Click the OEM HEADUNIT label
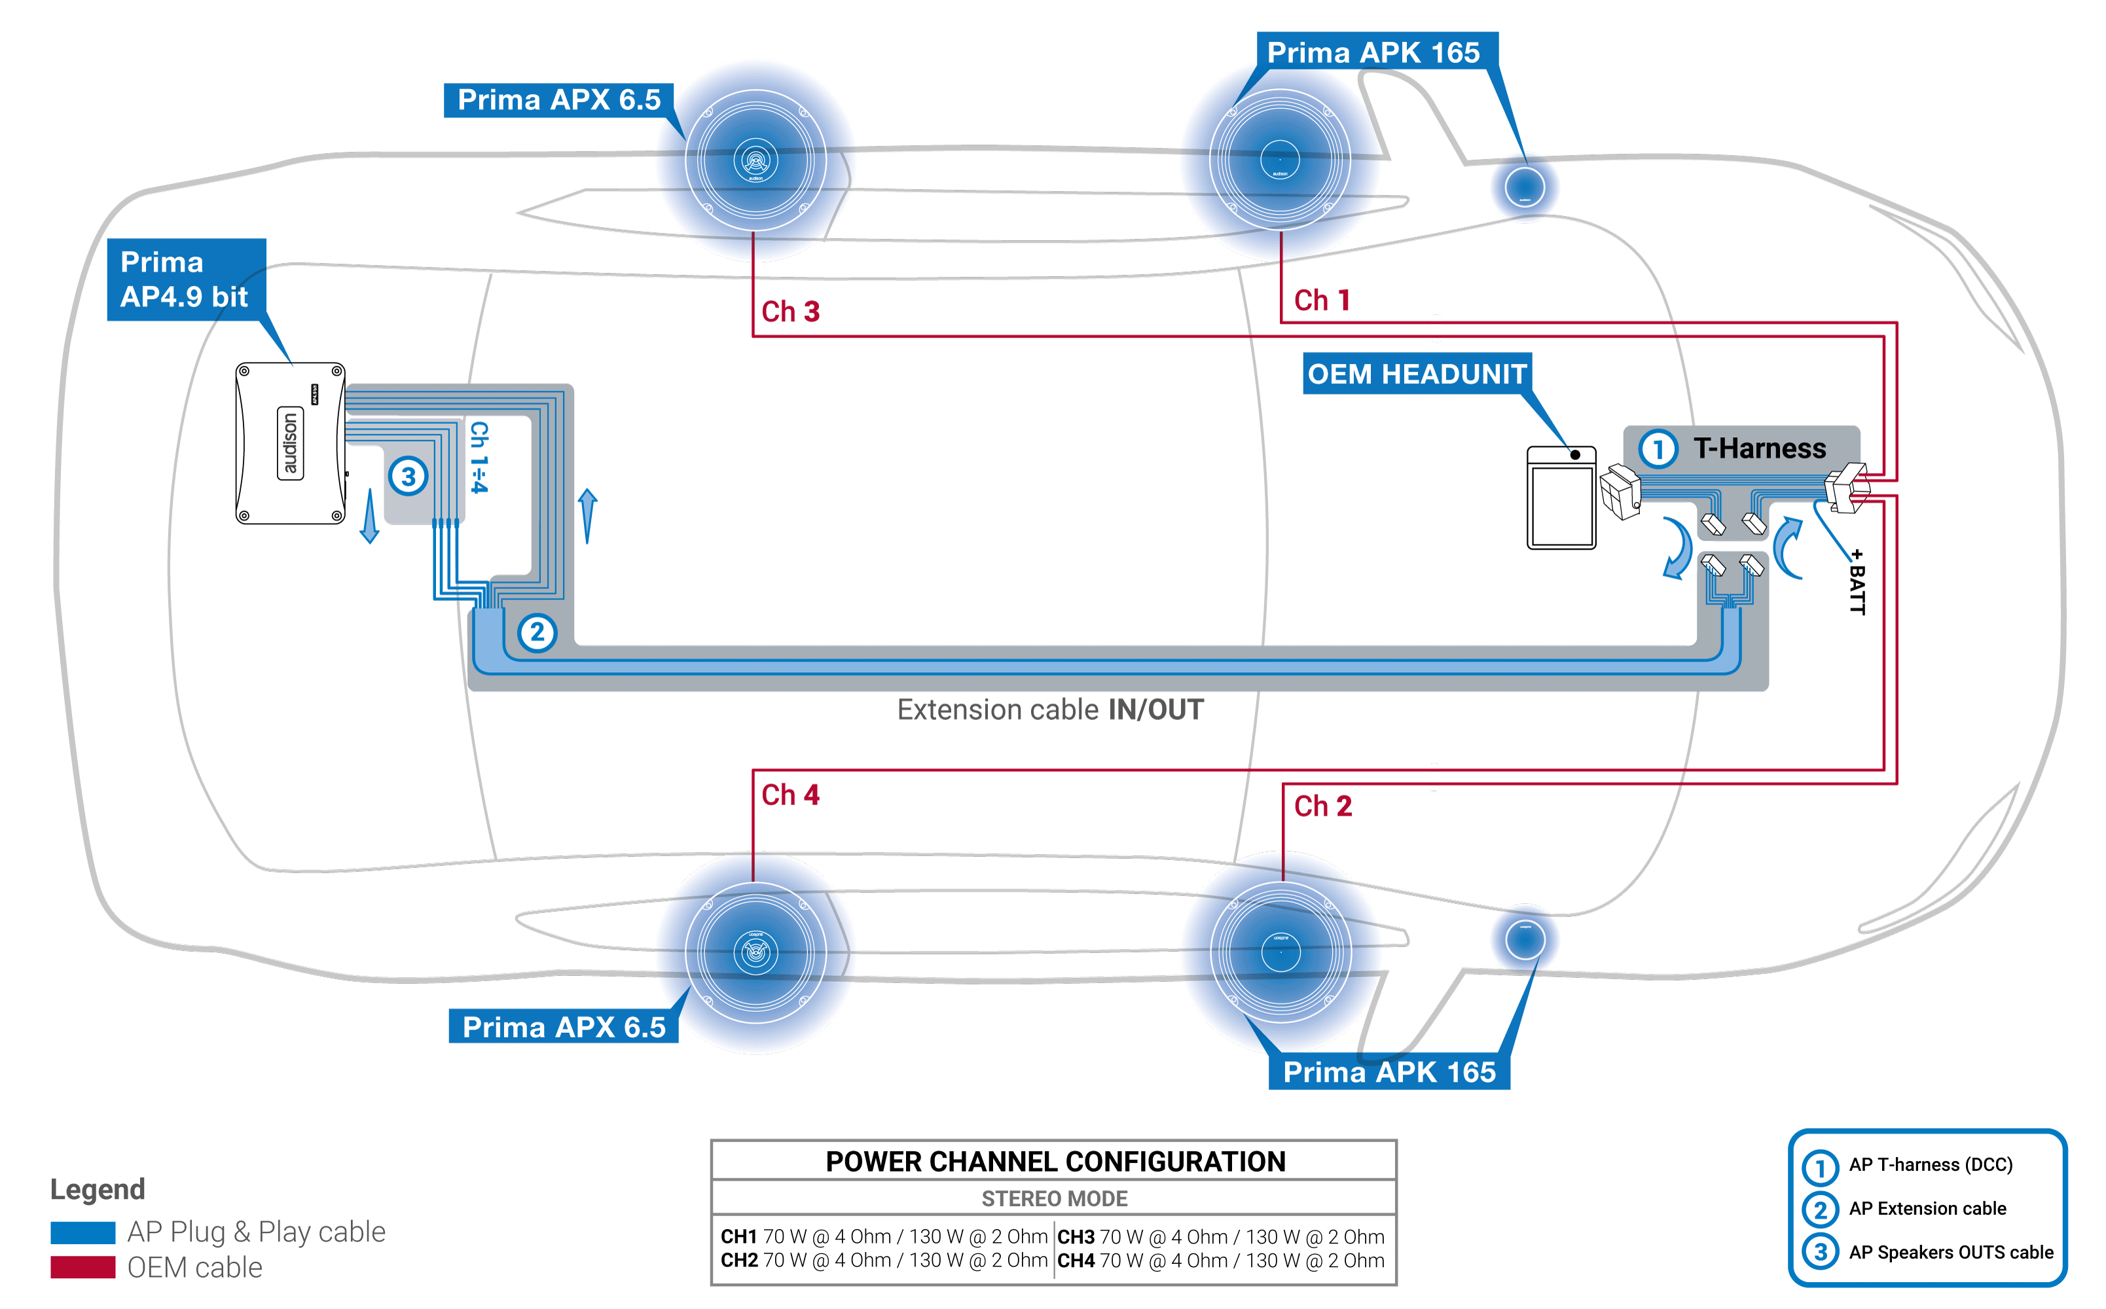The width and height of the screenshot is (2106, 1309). pos(1416,374)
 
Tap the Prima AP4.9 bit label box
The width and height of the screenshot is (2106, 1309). pos(185,279)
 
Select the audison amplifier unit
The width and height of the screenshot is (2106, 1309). pos(290,443)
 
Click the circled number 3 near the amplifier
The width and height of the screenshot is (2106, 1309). pos(408,476)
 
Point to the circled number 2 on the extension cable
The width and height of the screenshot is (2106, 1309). pos(537,632)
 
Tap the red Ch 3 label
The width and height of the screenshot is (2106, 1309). pos(790,312)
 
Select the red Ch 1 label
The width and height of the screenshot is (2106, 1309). pos(1322,300)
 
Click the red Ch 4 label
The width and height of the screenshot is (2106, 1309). pos(790,795)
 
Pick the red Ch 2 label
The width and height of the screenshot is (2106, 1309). pos(1322,806)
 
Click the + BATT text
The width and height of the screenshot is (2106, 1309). pos(1857,582)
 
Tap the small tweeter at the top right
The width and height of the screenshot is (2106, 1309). pos(1524,187)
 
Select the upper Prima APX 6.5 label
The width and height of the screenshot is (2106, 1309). pos(558,100)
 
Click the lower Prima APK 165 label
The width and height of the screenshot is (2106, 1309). pos(1389,1072)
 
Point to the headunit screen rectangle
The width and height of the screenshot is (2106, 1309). pos(1561,507)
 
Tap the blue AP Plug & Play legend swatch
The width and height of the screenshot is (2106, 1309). pos(82,1231)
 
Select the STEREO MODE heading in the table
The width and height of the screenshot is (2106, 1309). pos(1054,1198)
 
